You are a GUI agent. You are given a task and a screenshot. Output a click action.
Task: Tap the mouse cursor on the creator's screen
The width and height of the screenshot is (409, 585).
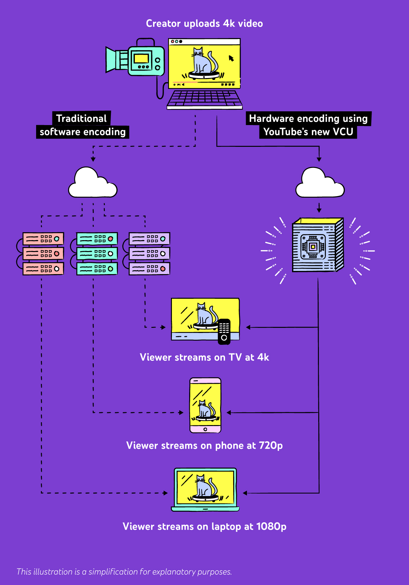point(231,58)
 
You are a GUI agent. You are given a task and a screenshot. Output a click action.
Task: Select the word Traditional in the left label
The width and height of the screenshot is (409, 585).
point(81,118)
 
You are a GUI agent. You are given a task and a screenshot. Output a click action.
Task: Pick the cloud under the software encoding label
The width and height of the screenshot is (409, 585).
point(92,184)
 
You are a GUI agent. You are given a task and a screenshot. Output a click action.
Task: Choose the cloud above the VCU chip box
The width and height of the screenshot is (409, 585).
point(320,184)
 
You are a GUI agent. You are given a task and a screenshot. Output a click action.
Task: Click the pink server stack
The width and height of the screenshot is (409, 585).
point(43,254)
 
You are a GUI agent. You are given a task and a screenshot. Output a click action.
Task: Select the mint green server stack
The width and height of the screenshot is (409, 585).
point(97,254)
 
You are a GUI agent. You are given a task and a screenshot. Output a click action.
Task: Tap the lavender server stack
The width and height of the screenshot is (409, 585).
point(149,254)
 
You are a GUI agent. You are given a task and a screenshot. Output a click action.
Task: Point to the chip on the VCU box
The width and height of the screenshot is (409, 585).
point(313,247)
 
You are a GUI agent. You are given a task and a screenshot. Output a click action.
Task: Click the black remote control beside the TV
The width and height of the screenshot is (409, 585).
point(224,331)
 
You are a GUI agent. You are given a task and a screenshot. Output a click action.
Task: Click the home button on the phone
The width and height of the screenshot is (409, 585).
point(205,429)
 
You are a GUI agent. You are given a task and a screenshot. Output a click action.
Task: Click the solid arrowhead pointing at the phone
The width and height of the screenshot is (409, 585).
point(228,413)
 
